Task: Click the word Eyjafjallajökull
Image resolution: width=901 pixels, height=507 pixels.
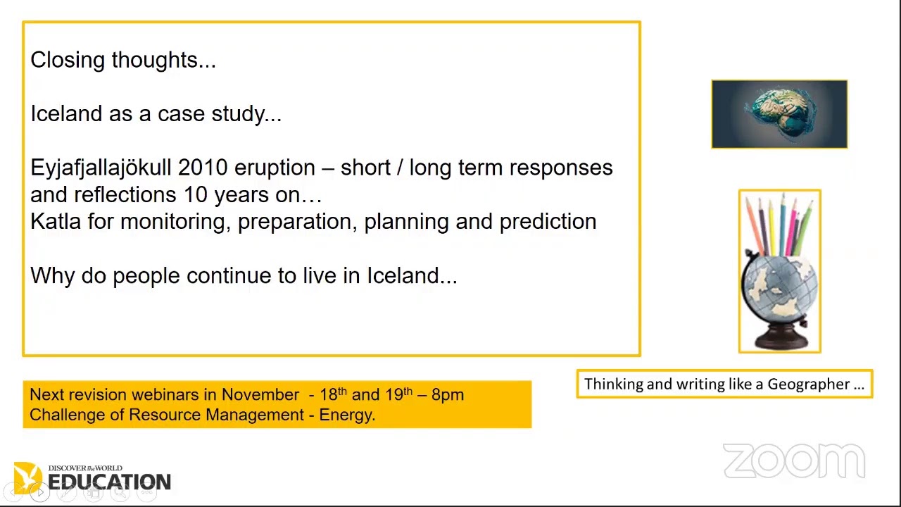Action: click(x=101, y=168)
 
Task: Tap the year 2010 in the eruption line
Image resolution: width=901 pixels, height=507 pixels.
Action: click(x=203, y=168)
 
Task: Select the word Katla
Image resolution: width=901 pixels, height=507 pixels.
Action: click(x=56, y=222)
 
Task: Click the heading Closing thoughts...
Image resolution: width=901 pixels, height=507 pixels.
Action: click(x=122, y=61)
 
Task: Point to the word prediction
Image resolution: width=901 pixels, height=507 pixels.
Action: click(x=548, y=222)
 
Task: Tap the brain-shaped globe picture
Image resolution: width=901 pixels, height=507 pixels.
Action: click(x=779, y=114)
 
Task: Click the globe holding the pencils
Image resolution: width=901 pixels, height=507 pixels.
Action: click(x=779, y=289)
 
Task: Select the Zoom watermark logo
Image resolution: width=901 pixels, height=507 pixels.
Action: click(x=794, y=461)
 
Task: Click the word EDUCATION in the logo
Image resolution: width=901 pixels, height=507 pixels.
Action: click(x=109, y=482)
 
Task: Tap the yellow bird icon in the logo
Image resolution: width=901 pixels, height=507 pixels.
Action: click(x=27, y=476)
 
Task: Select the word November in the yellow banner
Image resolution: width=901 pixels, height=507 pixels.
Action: click(x=260, y=395)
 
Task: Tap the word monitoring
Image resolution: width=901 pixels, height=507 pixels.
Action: click(x=175, y=222)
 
